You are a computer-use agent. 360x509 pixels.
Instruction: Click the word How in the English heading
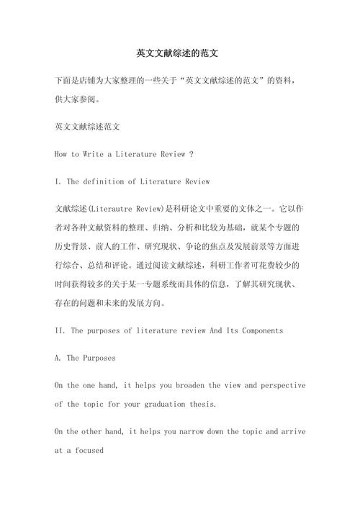(62, 154)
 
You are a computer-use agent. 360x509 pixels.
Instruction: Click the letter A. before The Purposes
(58, 357)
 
